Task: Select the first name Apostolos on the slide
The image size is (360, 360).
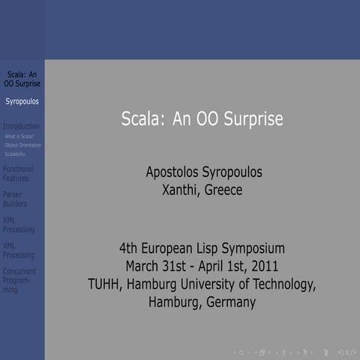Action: coord(174,172)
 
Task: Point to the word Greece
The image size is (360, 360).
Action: coord(224,190)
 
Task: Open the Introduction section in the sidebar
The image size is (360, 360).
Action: coord(21,126)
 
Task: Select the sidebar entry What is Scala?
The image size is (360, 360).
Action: coord(19,136)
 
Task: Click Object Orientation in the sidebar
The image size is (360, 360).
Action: coord(22,145)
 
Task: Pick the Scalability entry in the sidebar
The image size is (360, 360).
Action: coord(15,154)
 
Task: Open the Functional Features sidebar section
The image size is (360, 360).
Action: coord(18,173)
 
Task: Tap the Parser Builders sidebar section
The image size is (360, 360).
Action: coord(14,199)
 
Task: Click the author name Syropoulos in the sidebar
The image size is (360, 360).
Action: coord(22,100)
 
